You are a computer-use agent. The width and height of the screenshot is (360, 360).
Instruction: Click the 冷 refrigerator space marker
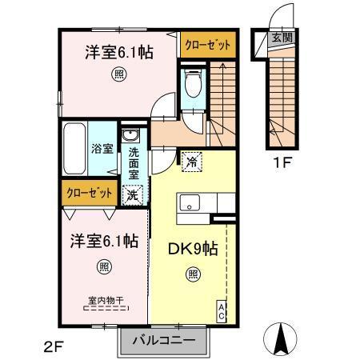[192, 161]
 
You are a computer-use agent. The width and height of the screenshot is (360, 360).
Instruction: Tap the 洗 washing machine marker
[131, 193]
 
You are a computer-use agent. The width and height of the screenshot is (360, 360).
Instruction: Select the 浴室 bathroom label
[101, 149]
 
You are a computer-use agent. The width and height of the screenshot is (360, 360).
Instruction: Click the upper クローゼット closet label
[206, 45]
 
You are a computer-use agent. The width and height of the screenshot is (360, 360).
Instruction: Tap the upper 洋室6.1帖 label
[119, 54]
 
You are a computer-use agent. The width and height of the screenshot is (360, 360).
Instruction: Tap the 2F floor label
[53, 347]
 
